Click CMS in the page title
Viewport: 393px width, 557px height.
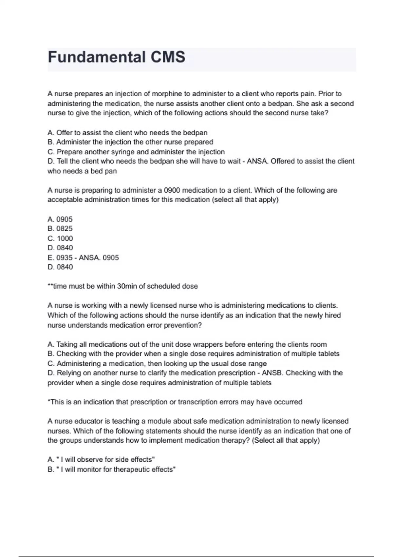(x=168, y=57)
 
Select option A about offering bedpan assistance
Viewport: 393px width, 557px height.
(x=127, y=133)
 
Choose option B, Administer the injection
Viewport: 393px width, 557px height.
(x=130, y=142)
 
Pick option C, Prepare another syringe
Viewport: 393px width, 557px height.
(x=136, y=152)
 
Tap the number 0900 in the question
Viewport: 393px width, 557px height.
(x=172, y=190)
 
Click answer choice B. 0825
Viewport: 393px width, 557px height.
(x=60, y=229)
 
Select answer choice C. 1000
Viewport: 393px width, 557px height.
(x=60, y=239)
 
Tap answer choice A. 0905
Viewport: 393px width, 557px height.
(x=60, y=219)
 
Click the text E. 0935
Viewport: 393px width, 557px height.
(x=60, y=258)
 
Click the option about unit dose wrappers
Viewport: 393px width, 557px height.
(x=187, y=344)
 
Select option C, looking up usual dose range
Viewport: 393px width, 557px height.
(x=157, y=364)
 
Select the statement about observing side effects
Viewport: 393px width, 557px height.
(x=101, y=460)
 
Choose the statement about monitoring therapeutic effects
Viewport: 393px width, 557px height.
(x=112, y=470)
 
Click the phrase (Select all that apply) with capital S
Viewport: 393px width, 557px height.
(x=286, y=440)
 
